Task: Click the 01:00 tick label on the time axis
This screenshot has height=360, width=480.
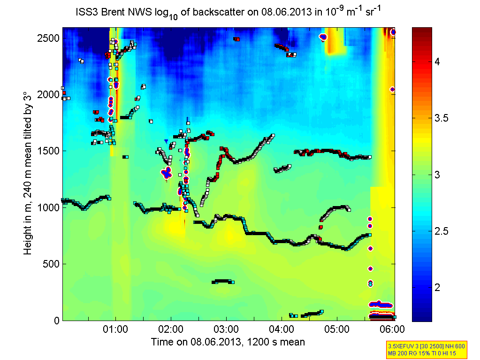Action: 115,328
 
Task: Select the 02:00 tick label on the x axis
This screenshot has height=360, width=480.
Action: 171,328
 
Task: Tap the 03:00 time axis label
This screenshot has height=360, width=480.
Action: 226,328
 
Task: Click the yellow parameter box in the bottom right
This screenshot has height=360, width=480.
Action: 420,349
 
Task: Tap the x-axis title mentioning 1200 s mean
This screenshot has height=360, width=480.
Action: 228,342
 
